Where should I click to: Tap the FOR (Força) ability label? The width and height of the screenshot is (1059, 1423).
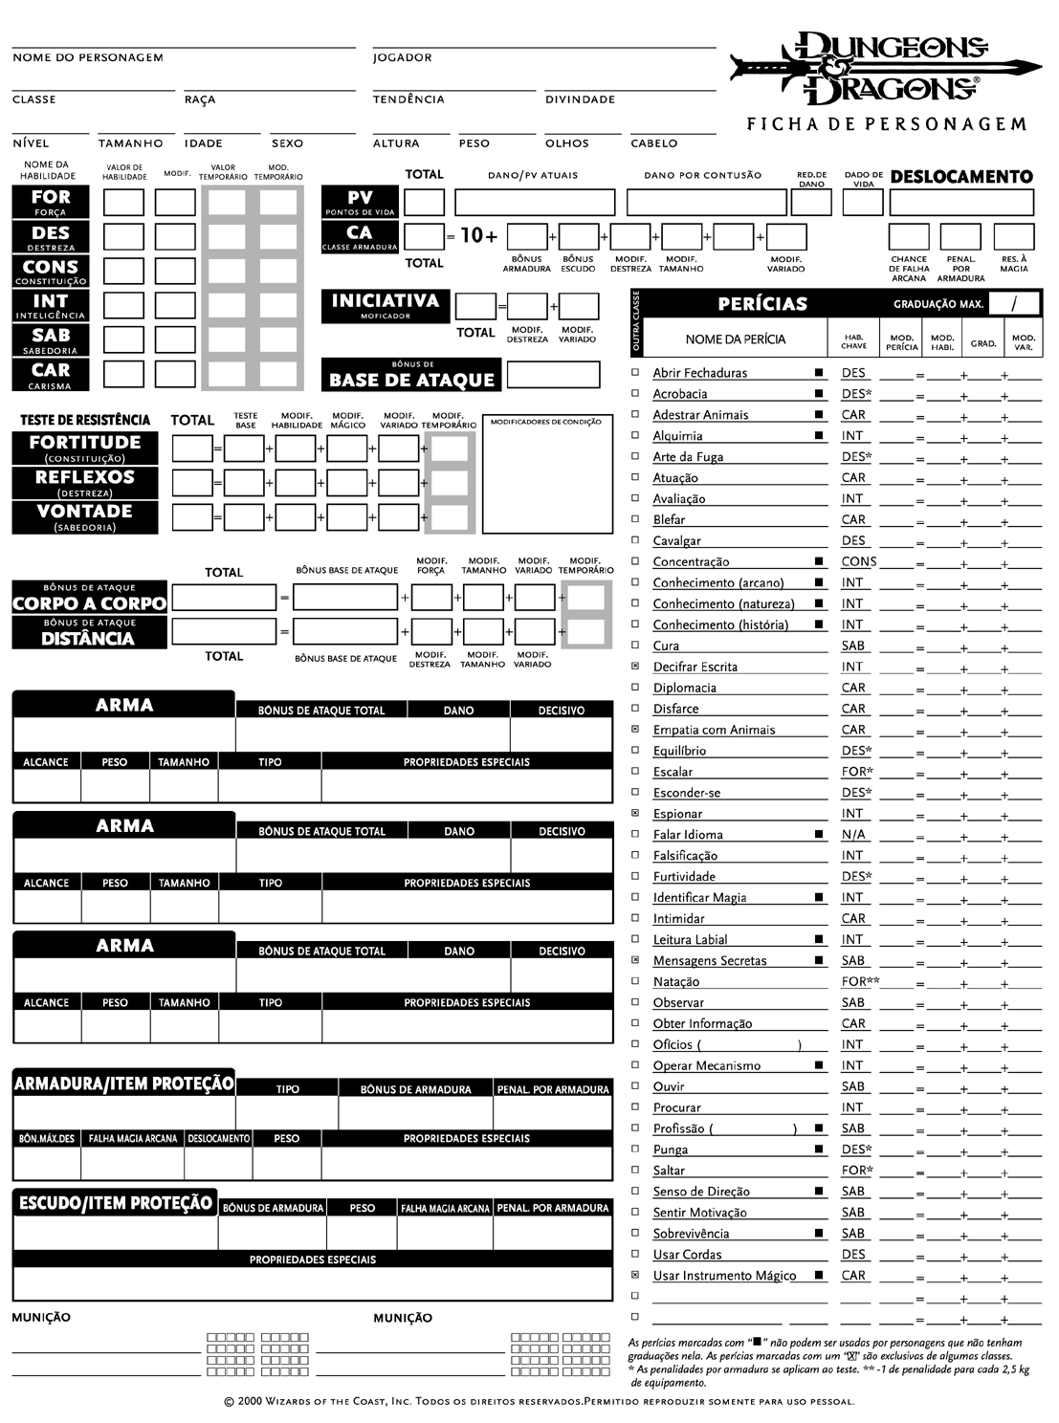point(51,202)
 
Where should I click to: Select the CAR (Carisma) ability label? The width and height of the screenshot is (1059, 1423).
point(51,374)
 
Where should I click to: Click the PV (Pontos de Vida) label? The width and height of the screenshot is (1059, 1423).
point(360,202)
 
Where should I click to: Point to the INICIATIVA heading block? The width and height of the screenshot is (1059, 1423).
point(386,305)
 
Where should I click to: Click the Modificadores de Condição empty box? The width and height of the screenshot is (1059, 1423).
point(547,478)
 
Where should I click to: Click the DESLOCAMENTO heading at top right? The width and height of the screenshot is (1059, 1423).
point(961,177)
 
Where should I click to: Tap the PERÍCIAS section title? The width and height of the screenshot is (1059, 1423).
point(762,304)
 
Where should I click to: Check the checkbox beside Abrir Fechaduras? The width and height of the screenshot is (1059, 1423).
point(636,372)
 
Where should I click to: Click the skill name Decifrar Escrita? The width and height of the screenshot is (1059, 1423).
point(695,667)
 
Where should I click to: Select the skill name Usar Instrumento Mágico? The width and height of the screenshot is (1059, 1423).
point(724,1275)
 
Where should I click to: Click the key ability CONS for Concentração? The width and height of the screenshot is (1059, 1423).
point(859,561)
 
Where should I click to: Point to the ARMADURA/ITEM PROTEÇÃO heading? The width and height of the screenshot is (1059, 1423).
point(123,1084)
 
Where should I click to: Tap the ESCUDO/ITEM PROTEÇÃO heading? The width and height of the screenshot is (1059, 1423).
point(116,1203)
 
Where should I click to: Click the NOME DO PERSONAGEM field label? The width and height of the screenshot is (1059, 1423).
point(88,57)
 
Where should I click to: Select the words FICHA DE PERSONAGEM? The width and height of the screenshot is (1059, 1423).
point(886,124)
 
